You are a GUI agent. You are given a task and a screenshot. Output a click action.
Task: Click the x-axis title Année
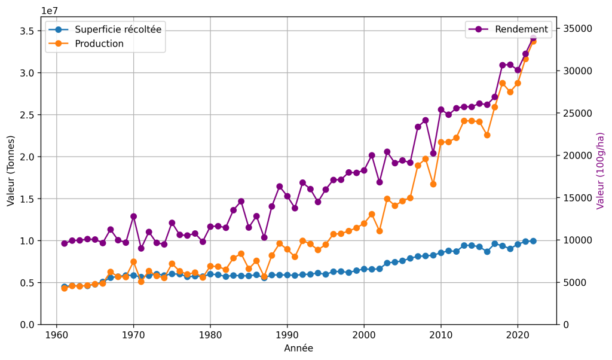(299, 348)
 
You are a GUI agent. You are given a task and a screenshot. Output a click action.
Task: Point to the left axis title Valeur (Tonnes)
(11, 170)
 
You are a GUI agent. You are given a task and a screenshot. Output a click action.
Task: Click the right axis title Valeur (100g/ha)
(600, 170)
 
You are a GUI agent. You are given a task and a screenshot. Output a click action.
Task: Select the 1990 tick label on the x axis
(287, 335)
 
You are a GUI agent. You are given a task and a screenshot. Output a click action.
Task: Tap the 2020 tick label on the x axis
(518, 335)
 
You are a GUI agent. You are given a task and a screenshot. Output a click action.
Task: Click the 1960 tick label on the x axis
(57, 335)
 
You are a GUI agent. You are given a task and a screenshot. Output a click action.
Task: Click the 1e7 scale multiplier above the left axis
(50, 11)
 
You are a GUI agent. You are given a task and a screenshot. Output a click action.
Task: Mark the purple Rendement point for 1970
(133, 216)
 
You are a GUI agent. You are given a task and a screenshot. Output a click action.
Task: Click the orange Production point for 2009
(433, 184)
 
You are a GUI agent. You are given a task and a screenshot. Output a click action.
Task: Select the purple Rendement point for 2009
(433, 154)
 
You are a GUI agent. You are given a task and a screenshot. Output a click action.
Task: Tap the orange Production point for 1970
(133, 261)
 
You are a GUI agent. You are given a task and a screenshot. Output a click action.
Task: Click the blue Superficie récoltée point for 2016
(486, 252)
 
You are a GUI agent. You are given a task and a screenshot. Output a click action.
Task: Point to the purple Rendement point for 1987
(264, 237)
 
